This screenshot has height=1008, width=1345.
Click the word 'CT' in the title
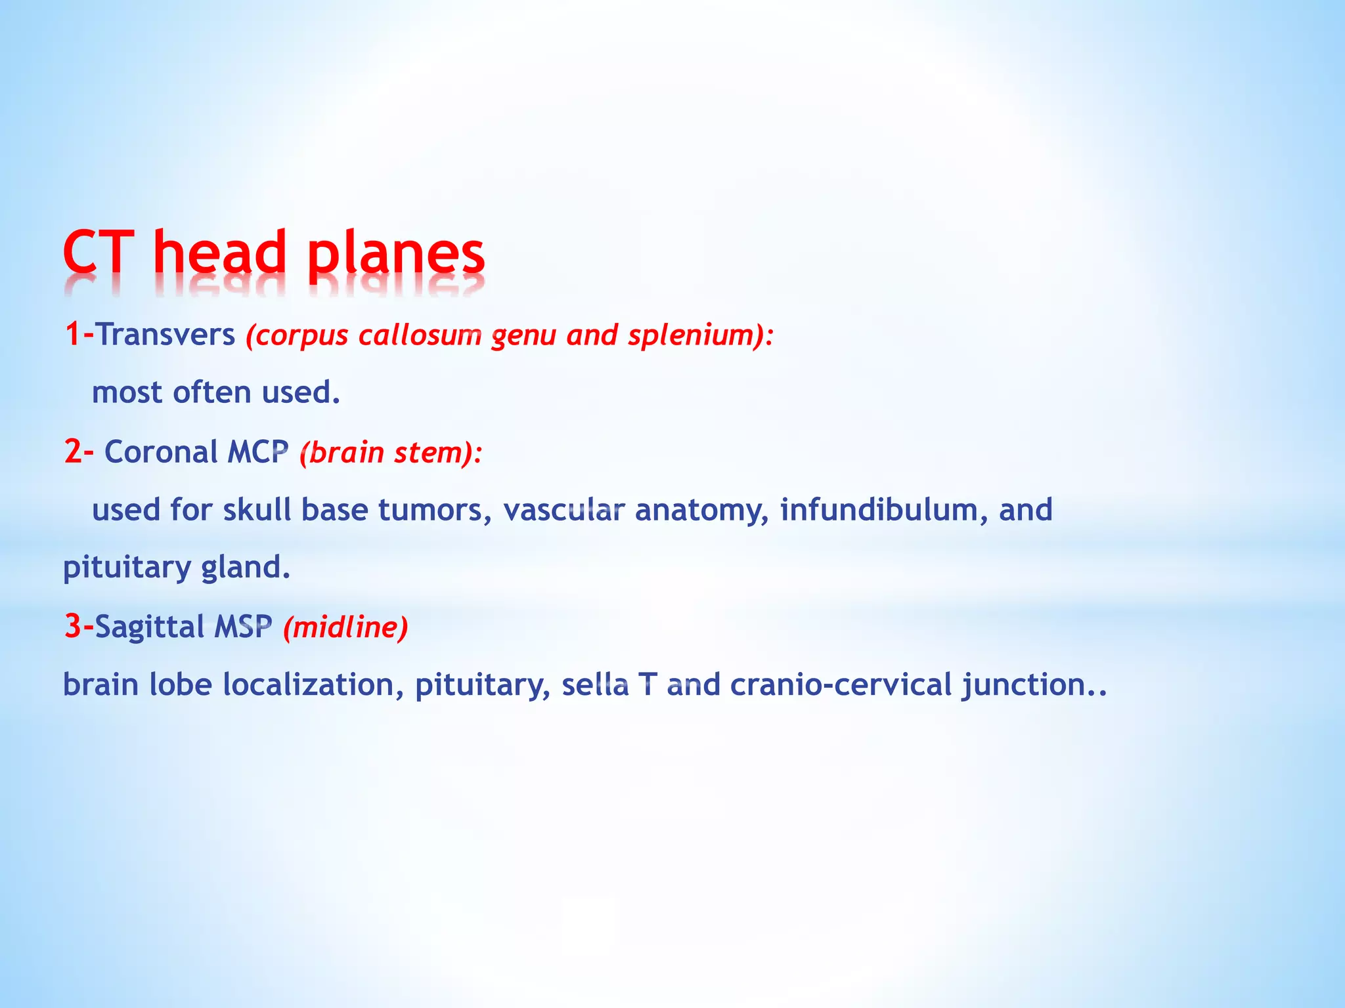pyautogui.click(x=99, y=253)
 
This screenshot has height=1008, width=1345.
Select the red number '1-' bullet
pyautogui.click(x=79, y=334)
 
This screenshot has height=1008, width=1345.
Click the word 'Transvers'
pyautogui.click(x=165, y=334)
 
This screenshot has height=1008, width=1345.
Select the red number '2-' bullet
pyautogui.click(x=79, y=451)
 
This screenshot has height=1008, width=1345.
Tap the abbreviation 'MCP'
pyautogui.click(x=258, y=451)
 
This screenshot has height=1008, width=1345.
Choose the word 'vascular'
pyautogui.click(x=563, y=510)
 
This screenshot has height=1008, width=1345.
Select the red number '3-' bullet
pyautogui.click(x=79, y=626)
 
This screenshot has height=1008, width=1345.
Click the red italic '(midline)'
pyautogui.click(x=345, y=627)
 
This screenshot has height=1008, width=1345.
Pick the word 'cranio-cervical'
pyautogui.click(x=841, y=684)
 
